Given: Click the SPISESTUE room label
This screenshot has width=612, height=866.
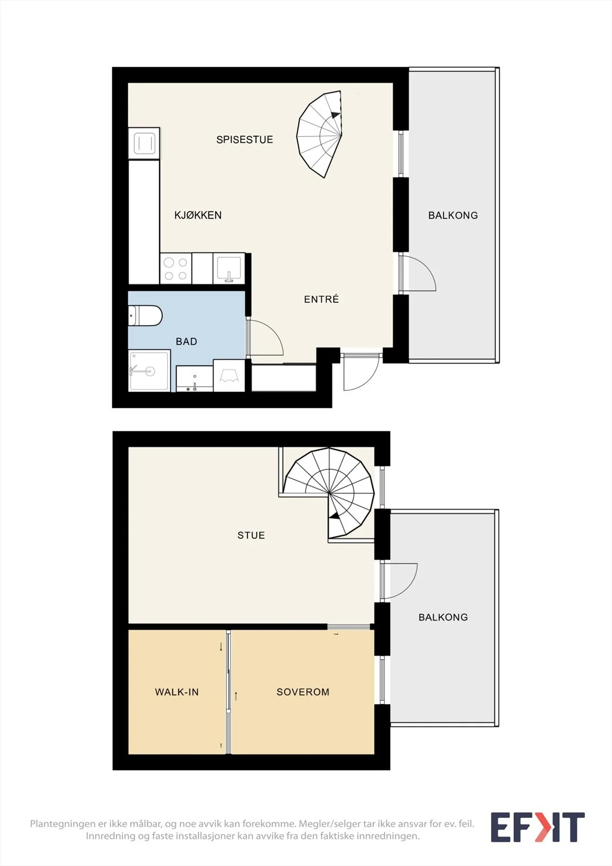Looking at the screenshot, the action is [245, 140].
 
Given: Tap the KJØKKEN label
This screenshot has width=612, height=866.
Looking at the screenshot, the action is [198, 215].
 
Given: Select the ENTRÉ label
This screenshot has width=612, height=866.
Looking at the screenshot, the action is [321, 299].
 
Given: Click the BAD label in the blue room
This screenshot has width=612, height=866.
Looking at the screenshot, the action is [186, 342].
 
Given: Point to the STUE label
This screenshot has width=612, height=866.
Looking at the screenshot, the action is [251, 535].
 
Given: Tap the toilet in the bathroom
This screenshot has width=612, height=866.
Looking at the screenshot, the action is [145, 316].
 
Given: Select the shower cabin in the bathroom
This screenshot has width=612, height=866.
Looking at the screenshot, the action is [149, 371].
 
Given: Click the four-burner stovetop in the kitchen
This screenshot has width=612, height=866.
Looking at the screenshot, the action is [175, 268].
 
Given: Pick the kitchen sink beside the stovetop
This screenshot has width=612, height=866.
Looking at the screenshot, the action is [229, 268].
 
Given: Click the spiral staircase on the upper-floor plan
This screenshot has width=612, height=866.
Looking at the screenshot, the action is [328, 493].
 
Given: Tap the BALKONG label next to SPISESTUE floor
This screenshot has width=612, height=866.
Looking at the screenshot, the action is [453, 215].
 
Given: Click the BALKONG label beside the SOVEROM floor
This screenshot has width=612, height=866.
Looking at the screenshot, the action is [443, 617].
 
